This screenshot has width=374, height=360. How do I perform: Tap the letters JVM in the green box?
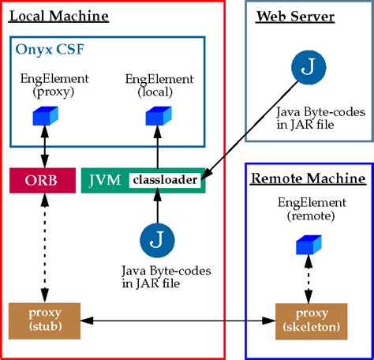[105, 181]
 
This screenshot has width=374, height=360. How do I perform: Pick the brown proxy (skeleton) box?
[308, 321]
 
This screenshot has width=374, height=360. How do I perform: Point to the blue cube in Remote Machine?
[307, 246]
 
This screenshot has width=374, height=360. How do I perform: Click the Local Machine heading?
[61, 17]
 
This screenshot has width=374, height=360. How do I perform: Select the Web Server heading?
[295, 17]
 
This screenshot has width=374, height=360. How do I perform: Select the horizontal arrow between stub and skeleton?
[174, 321]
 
